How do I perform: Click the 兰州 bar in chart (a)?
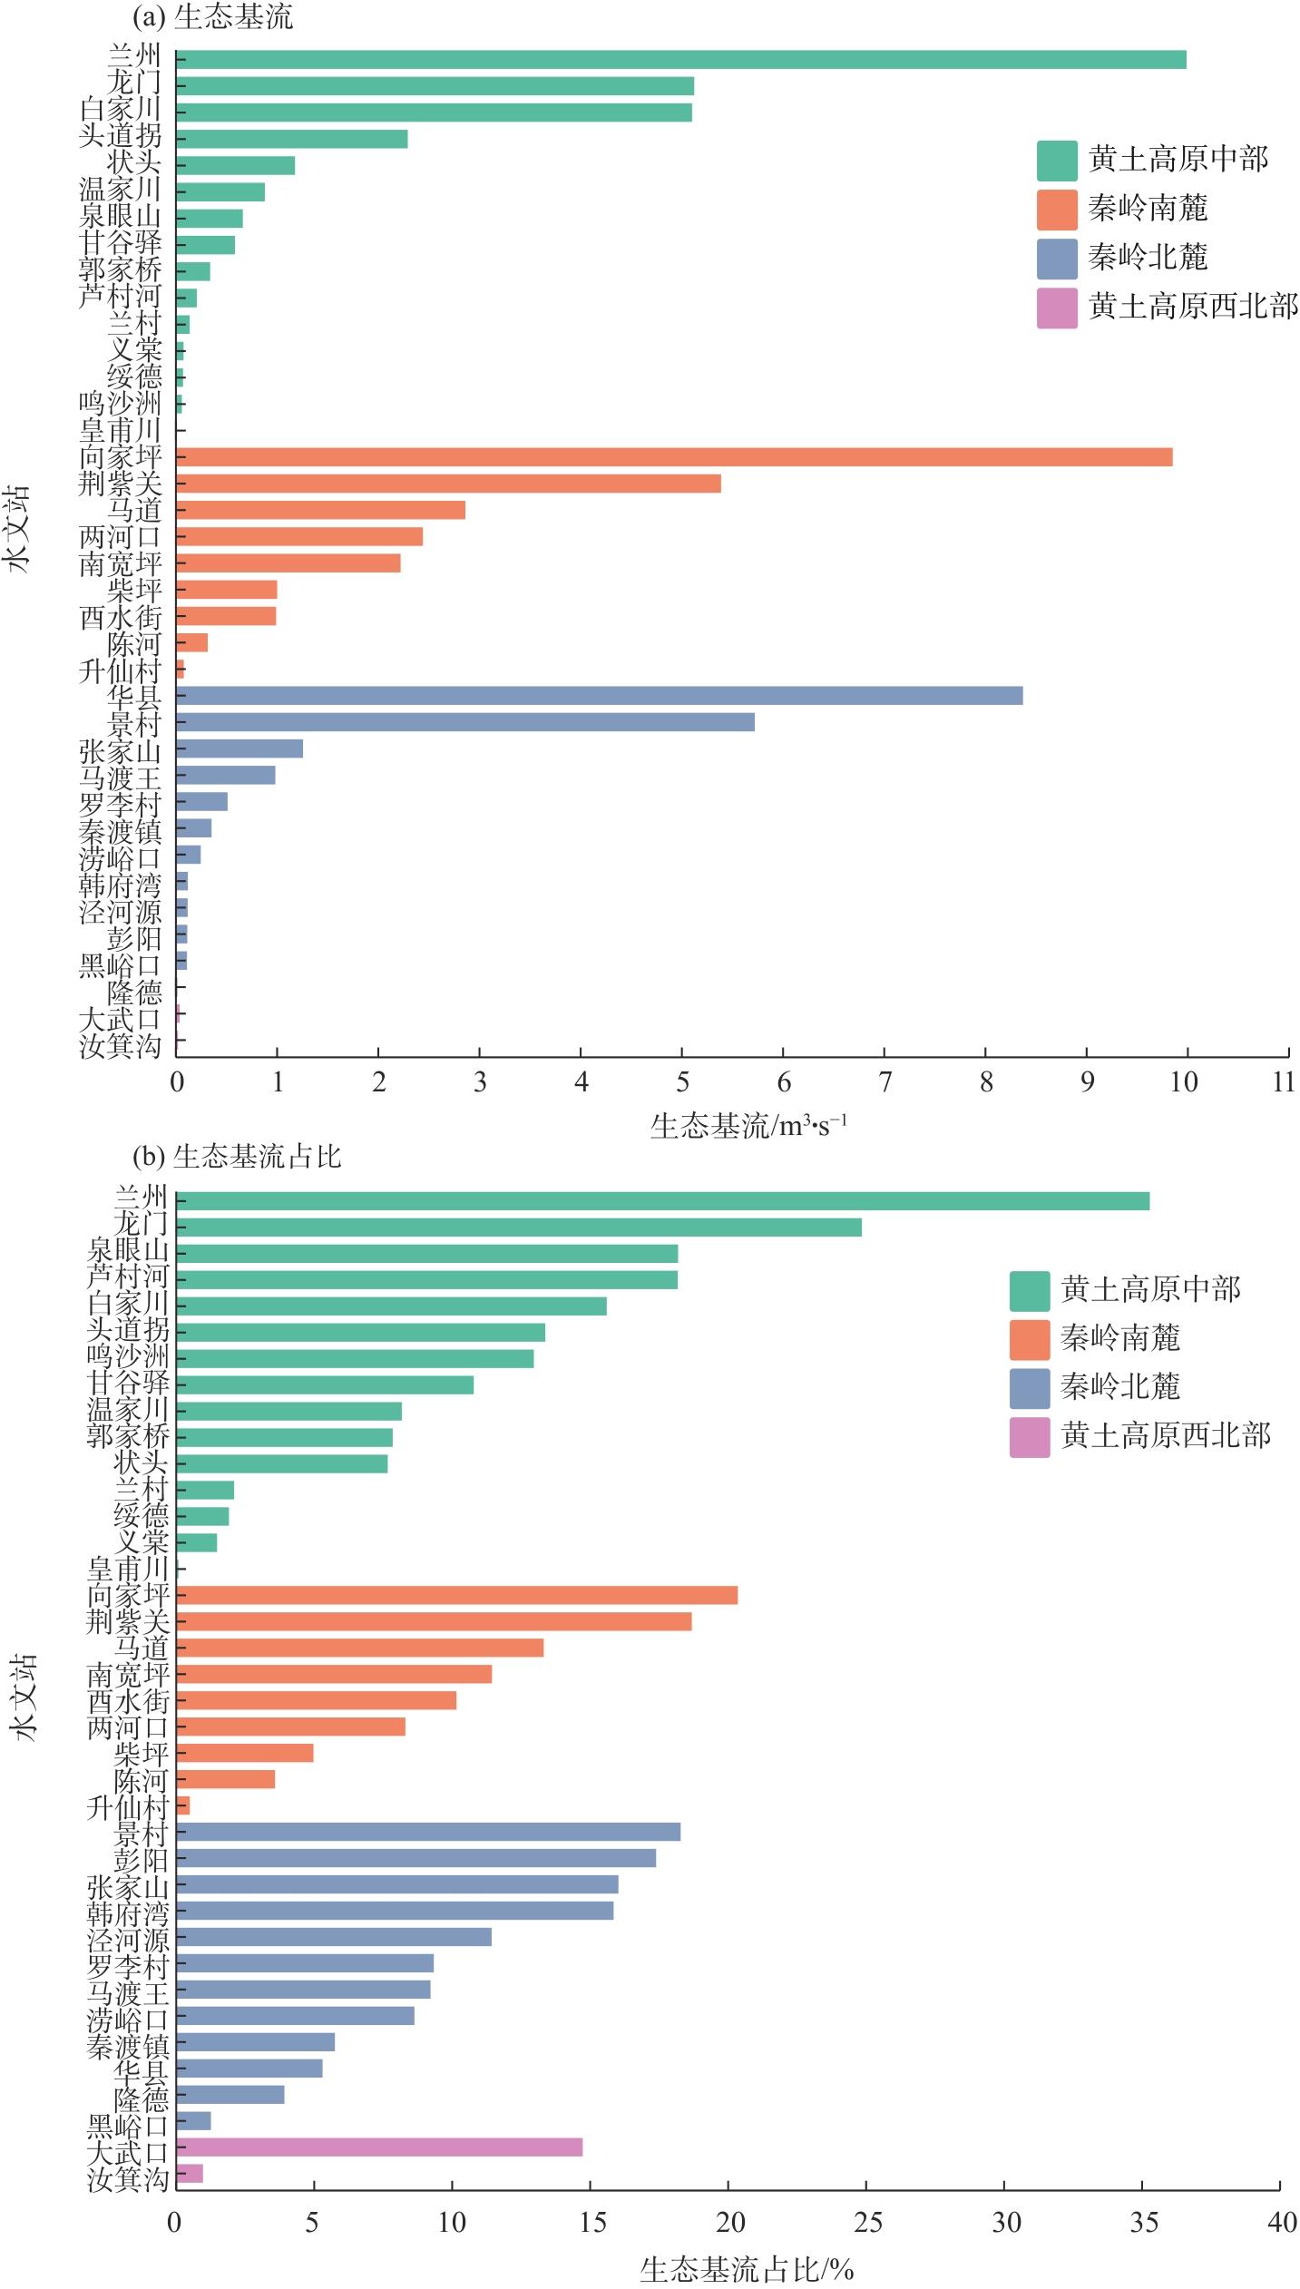[x=680, y=60]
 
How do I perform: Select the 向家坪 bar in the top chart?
[x=673, y=457]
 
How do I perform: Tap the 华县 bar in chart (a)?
[x=599, y=696]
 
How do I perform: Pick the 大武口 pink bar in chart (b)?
[x=379, y=2147]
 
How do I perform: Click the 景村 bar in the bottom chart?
[x=428, y=1832]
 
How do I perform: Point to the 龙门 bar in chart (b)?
[x=519, y=1228]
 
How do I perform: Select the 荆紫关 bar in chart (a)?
[x=448, y=484]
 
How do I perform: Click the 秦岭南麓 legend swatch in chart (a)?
[x=1057, y=210]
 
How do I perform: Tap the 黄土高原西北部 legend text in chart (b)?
[x=1166, y=1435]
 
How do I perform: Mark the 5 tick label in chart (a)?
[x=682, y=1082]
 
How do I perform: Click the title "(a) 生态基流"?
[x=212, y=16]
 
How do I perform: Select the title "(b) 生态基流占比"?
[x=237, y=1156]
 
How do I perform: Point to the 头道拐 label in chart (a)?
[x=121, y=136]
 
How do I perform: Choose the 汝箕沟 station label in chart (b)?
[x=128, y=2178]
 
